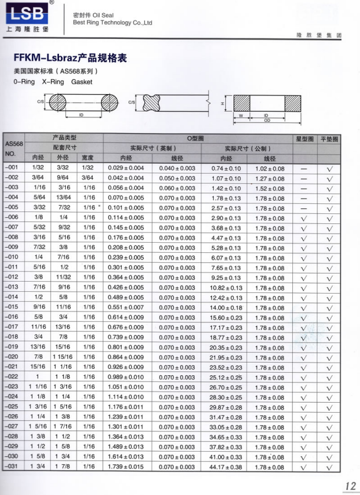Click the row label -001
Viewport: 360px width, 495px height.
coord(11,168)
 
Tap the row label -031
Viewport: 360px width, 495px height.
coord(11,467)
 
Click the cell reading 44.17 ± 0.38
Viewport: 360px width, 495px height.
coord(226,467)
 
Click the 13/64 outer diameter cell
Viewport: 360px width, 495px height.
coord(63,198)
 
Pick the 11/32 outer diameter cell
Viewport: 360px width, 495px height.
coord(63,277)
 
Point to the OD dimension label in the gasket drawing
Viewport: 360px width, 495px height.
coord(267,120)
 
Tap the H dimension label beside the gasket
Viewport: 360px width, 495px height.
coord(222,102)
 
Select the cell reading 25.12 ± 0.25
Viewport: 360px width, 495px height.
coord(226,377)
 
